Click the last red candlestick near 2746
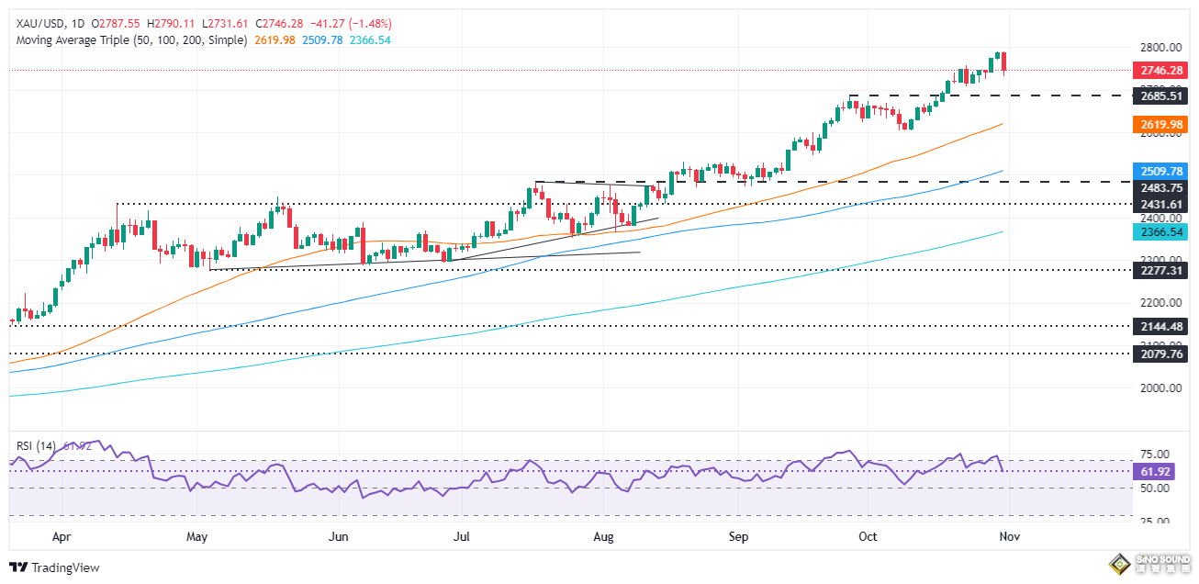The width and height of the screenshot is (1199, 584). click(x=1004, y=62)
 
